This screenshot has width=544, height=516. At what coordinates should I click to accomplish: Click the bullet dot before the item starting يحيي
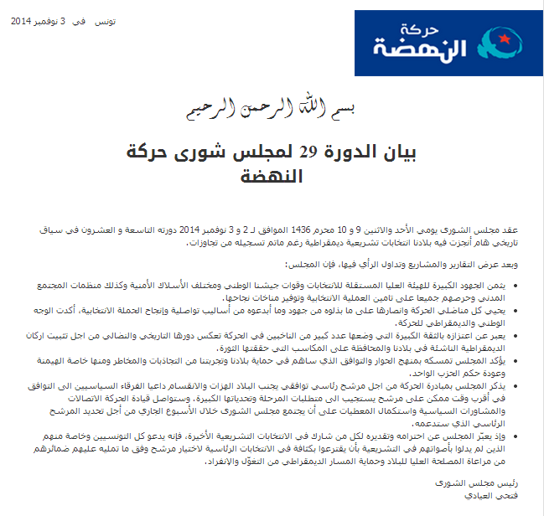pos(526,311)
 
